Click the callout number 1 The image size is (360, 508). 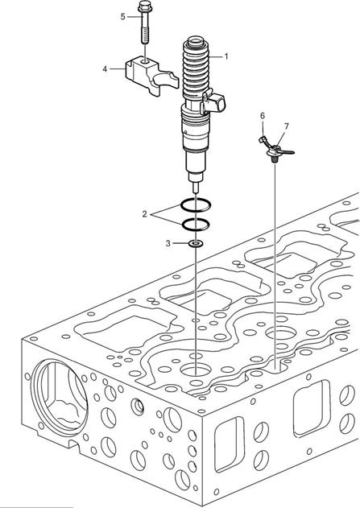(226, 56)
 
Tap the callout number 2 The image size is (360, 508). (144, 214)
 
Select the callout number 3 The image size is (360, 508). (168, 243)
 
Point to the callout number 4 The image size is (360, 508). (105, 69)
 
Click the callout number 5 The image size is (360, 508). (122, 16)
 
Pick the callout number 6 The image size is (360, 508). (263, 116)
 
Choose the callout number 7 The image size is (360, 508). (287, 126)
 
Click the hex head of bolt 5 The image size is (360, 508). (143, 6)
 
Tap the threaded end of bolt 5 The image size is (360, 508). (145, 35)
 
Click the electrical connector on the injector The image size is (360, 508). (213, 102)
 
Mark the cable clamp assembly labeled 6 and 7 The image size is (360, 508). (275, 147)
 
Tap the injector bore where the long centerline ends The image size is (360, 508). (196, 370)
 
